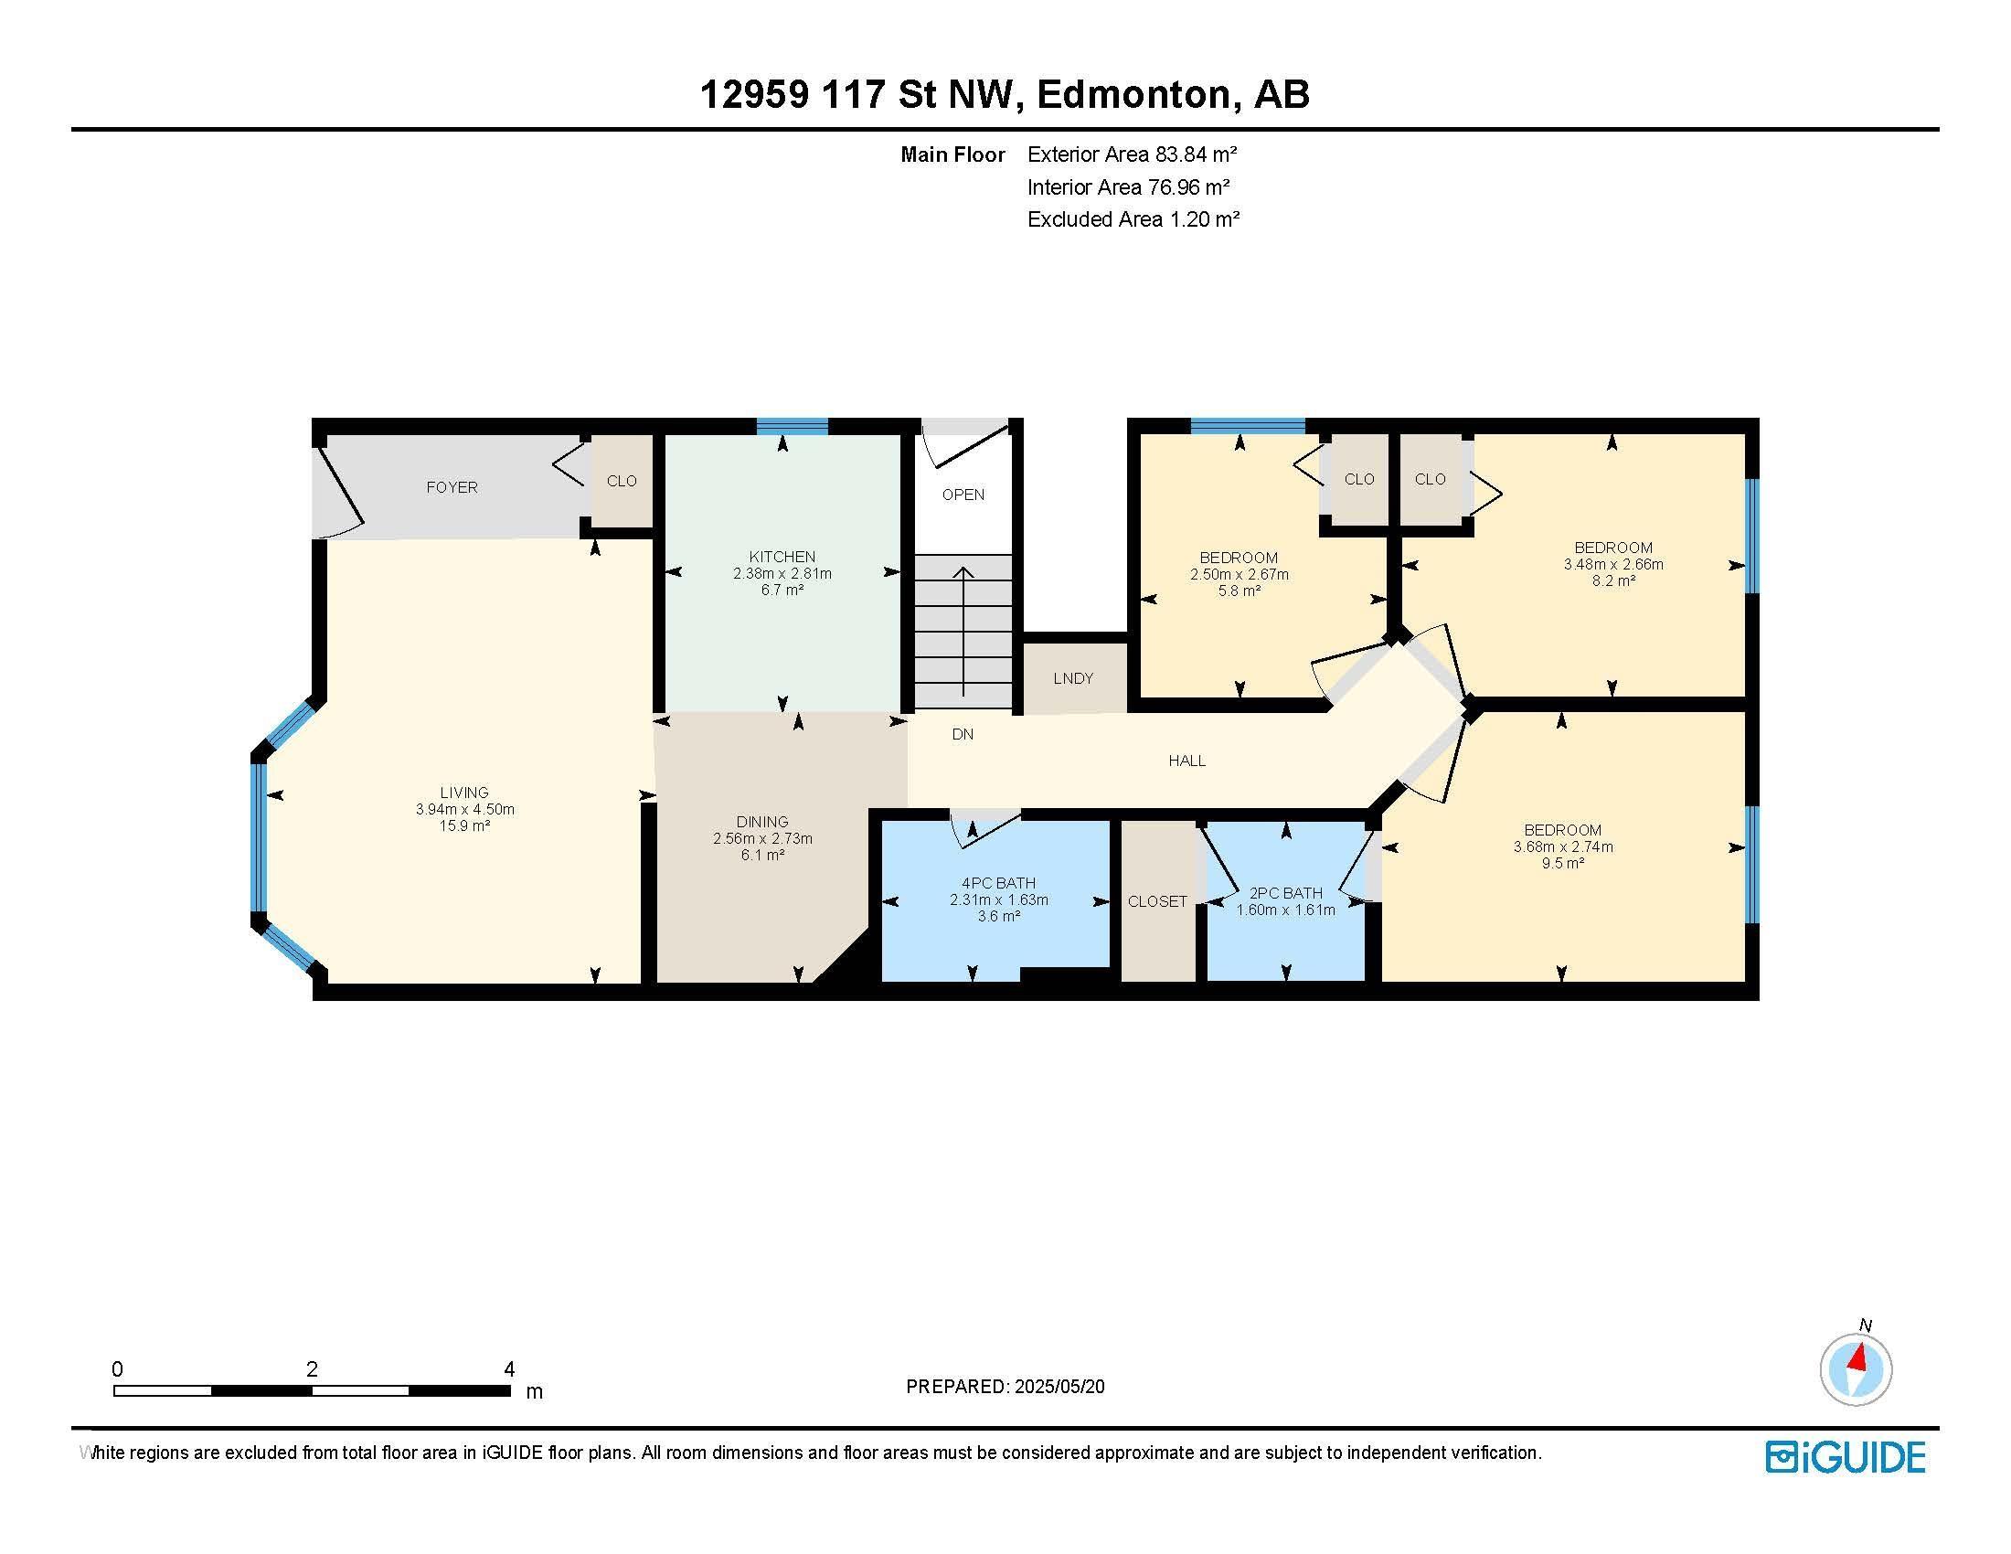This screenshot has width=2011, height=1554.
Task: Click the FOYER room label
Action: [x=452, y=487]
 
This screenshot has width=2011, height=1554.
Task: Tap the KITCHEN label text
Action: [x=782, y=556]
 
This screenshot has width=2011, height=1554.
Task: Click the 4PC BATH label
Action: [x=998, y=883]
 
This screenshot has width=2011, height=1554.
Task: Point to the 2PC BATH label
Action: [x=1285, y=893]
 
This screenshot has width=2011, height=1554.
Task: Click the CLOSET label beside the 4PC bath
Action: [x=1157, y=901]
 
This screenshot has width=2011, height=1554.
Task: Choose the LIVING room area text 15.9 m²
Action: [x=464, y=825]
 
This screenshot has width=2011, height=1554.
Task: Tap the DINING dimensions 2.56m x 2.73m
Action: [x=762, y=838]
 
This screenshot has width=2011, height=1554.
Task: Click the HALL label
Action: [x=1186, y=761]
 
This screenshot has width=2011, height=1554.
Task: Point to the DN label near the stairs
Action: [x=963, y=734]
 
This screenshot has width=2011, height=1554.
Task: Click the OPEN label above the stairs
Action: [x=963, y=495]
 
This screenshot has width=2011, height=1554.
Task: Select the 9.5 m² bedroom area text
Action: [x=1562, y=864]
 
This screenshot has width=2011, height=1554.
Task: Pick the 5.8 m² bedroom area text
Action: [x=1239, y=591]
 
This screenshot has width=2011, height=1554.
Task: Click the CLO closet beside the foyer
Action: [x=622, y=481]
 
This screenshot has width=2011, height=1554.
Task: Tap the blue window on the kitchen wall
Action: [x=792, y=425]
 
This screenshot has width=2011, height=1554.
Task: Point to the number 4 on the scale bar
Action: [x=509, y=1369]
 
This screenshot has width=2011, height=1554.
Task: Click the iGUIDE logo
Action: [x=1846, y=1457]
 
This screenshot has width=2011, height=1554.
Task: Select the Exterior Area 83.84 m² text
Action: [x=1133, y=154]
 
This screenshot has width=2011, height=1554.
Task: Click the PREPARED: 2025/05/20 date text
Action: [x=1005, y=1387]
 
